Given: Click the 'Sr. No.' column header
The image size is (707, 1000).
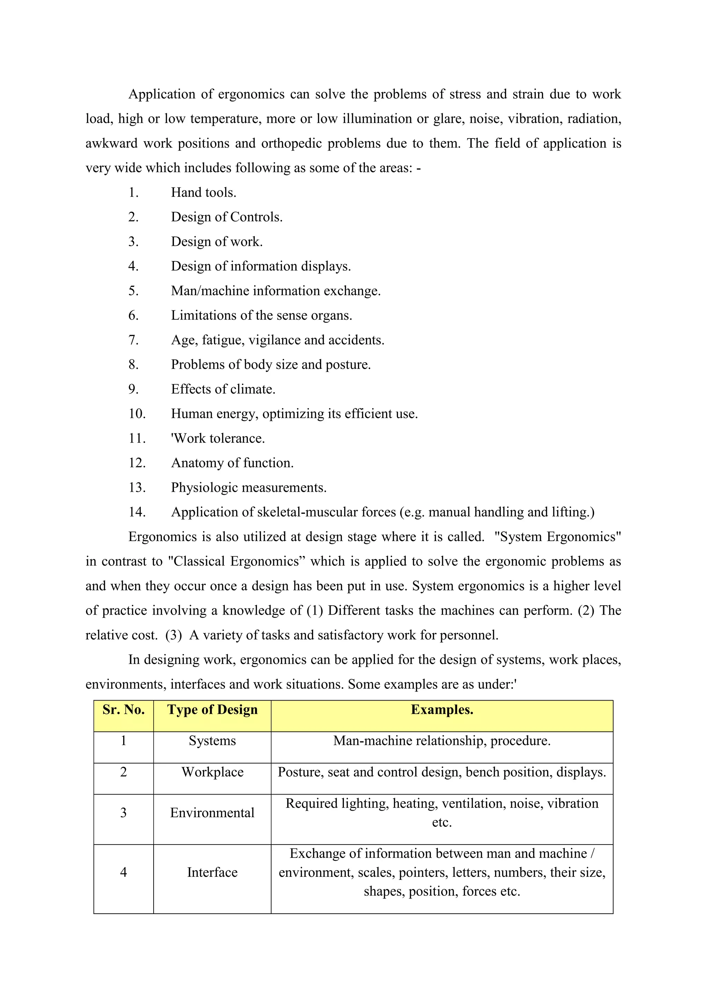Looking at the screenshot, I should [123, 710].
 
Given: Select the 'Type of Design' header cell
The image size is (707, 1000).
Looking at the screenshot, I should [212, 710].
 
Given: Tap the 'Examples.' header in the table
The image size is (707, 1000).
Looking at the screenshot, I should [442, 710].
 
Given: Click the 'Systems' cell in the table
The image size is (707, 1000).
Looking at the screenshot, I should [212, 741].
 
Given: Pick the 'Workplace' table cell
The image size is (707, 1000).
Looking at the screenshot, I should [212, 772].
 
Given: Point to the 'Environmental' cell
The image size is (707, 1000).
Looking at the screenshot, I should [212, 813].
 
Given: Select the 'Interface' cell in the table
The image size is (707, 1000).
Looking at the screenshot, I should [212, 872].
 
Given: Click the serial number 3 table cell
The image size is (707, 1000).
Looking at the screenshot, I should [123, 813].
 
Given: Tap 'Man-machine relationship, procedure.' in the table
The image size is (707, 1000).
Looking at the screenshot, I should [442, 741].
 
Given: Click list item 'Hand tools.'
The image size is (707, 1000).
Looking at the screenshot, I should [203, 193].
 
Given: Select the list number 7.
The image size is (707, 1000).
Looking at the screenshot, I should [133, 340].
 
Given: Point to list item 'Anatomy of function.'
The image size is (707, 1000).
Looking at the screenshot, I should [232, 463].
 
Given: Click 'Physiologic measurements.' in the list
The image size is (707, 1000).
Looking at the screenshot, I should [249, 487].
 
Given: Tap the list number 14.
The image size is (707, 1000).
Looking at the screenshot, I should [137, 512].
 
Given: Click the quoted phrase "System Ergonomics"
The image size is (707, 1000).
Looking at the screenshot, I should [557, 537].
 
